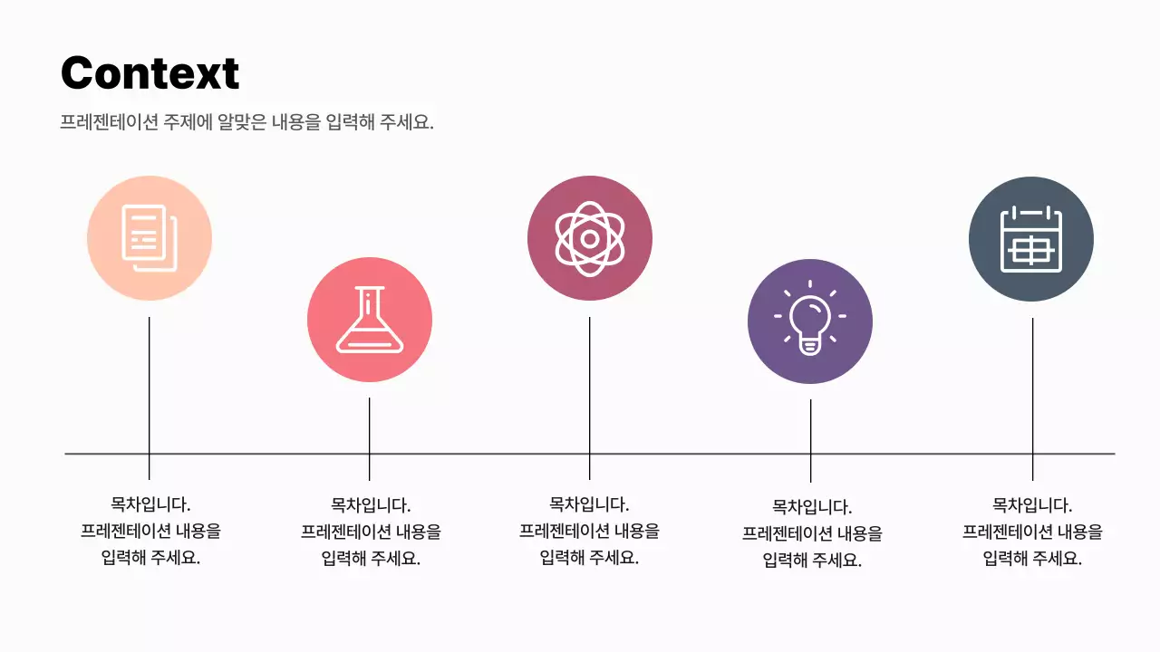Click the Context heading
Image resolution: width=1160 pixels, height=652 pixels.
coord(150,73)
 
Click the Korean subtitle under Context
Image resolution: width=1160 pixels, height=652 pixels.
coord(246,122)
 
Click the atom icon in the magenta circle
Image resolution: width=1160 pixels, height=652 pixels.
coord(590,238)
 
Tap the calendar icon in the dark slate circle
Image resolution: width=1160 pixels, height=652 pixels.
coord(1031,239)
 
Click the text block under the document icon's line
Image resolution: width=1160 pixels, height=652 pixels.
coord(150,531)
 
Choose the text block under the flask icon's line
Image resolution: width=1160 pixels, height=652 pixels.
coord(371,532)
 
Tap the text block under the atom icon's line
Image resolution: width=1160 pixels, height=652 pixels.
coord(589,531)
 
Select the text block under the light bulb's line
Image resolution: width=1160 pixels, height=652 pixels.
coord(811,533)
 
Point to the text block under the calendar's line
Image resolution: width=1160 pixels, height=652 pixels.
coord(1032,532)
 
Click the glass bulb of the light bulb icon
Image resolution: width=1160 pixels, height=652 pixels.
coord(810,314)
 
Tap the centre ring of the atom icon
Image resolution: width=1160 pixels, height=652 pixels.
coord(590,239)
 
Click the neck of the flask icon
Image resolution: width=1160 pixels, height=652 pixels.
coord(370,303)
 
